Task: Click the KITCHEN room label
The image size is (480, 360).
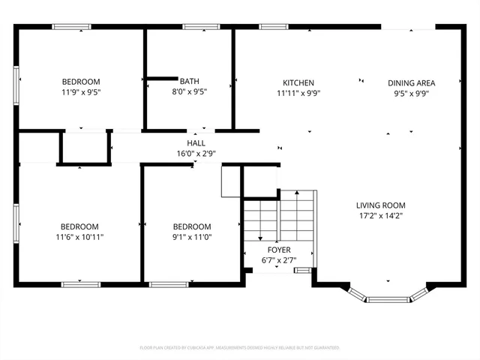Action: (298, 82)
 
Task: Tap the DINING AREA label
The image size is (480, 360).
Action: (411, 82)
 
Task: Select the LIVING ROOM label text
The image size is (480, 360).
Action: (380, 205)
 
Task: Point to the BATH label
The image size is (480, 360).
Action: (189, 81)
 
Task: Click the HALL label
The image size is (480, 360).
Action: (196, 142)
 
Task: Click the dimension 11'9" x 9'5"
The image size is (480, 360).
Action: (80, 92)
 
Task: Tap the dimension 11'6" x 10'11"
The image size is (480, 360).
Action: (80, 237)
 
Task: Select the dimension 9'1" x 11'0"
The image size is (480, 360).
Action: (192, 237)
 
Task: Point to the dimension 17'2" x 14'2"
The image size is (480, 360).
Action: (380, 215)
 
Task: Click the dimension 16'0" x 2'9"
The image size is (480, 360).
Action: (196, 153)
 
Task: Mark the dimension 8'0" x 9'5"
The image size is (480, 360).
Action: (189, 91)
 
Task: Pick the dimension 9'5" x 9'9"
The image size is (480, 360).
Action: (411, 93)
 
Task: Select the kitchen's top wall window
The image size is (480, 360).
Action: (274, 27)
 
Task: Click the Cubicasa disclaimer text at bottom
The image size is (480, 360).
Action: (240, 348)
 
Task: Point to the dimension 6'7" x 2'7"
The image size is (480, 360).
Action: (278, 260)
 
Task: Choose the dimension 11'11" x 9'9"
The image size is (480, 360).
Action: (298, 93)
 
